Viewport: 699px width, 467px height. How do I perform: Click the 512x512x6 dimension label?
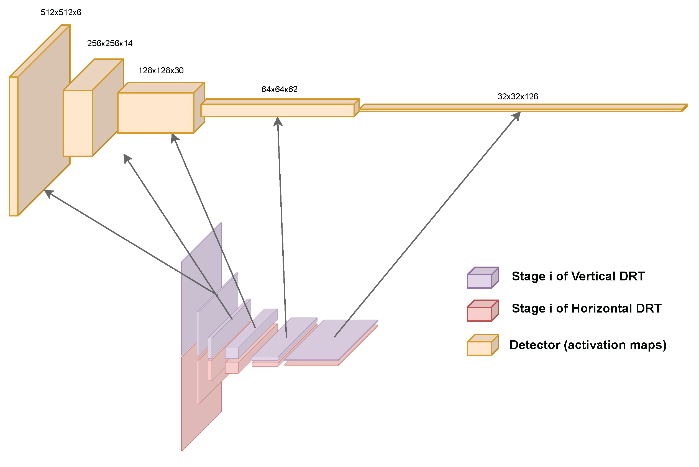61,12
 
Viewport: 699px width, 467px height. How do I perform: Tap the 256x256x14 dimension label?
110,43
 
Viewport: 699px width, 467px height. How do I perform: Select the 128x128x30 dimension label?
161,71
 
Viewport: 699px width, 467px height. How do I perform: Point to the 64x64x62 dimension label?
279,89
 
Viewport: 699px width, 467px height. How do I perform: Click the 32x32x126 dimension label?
518,97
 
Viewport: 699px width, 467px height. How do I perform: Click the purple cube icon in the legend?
483,278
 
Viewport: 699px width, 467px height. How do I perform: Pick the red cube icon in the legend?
483,311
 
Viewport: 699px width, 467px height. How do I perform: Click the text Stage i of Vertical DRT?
578,276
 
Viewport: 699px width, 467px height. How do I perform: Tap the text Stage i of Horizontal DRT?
586,309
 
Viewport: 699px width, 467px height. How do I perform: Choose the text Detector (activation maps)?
588,345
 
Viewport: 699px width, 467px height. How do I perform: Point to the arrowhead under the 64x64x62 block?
278,121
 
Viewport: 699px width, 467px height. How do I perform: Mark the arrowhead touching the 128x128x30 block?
174,138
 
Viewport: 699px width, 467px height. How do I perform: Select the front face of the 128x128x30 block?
156,113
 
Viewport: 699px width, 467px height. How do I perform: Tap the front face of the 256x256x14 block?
78,123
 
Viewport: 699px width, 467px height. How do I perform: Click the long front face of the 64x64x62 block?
277,110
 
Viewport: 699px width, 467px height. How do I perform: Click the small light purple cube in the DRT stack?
231,353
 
